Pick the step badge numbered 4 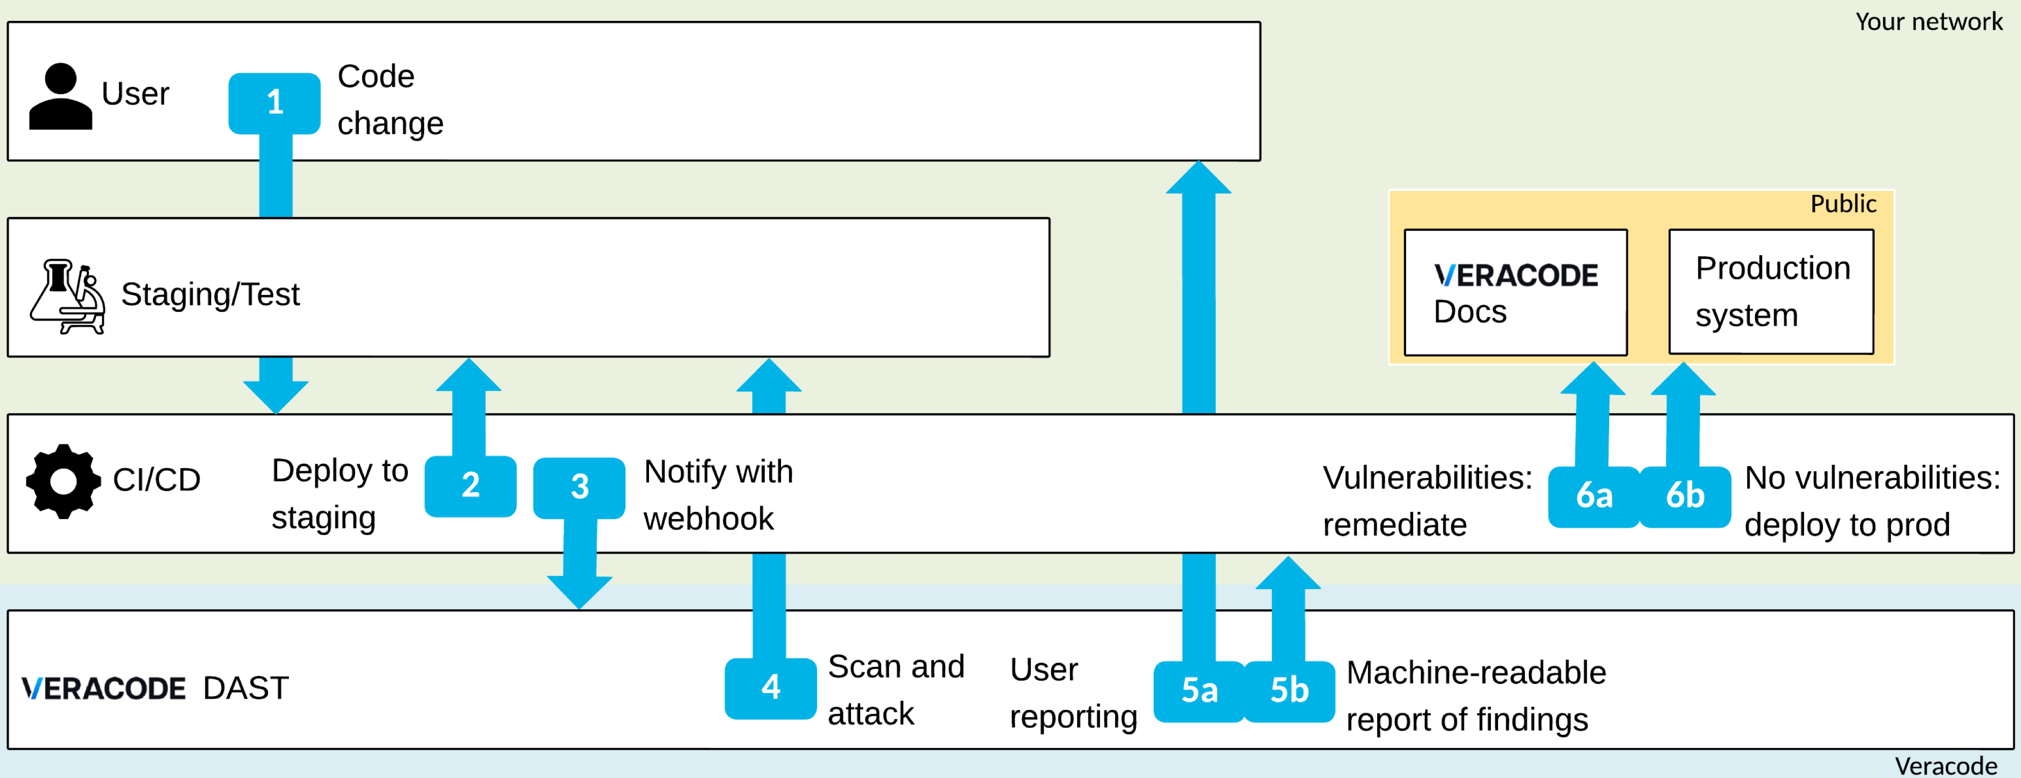[770, 688]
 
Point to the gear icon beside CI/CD [63, 481]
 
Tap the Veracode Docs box [1515, 291]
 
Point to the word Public [1842, 204]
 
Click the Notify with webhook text [718, 495]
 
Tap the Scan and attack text [895, 689]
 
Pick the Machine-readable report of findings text [1475, 696]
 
